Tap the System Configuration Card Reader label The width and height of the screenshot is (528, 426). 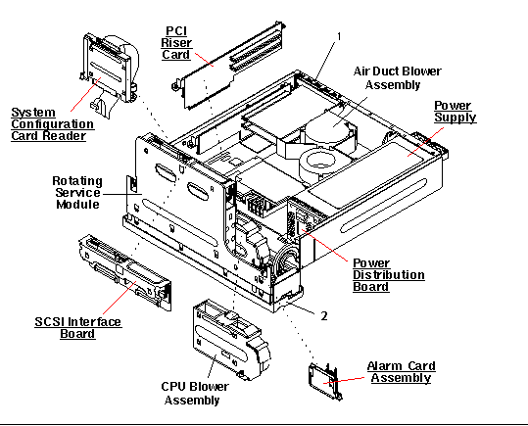[52, 125]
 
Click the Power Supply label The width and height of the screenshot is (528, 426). [455, 111]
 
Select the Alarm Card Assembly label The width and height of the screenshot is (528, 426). [402, 373]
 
